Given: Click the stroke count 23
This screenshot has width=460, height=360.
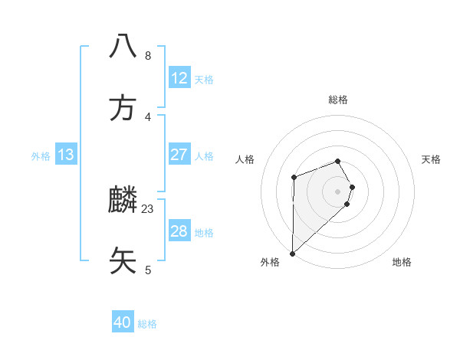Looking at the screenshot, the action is click(x=148, y=208).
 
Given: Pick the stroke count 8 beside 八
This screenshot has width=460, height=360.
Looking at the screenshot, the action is click(x=148, y=56).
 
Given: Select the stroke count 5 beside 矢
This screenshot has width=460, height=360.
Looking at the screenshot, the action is click(x=148, y=270).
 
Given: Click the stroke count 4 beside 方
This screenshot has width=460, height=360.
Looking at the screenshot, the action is click(x=148, y=116).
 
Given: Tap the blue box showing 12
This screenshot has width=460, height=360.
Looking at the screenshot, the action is click(x=179, y=78).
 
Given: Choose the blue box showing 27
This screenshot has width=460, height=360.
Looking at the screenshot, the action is click(x=179, y=155).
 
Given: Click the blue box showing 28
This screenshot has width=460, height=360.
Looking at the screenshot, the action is click(x=179, y=231).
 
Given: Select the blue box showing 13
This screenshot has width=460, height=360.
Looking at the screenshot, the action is click(x=66, y=155).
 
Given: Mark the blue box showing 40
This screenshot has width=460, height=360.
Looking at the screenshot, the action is click(x=123, y=323).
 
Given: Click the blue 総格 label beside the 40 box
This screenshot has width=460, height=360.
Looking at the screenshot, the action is click(x=147, y=324).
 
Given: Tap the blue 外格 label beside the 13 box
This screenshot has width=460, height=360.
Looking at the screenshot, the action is click(x=41, y=156).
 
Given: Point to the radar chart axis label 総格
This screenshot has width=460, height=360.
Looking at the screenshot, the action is click(x=338, y=100).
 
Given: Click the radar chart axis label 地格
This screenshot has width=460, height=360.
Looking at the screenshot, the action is click(x=402, y=262).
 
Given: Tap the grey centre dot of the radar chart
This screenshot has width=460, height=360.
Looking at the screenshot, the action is click(x=338, y=191).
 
